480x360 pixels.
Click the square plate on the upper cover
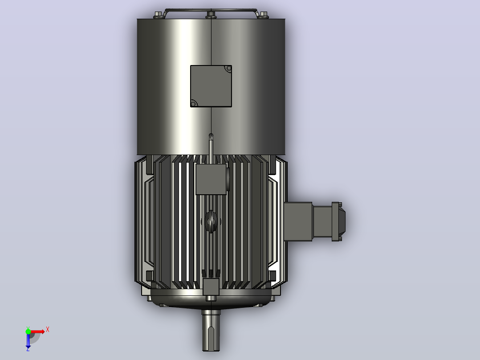pyautogui.click(x=211, y=86)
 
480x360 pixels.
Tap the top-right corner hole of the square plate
pyautogui.click(x=228, y=68)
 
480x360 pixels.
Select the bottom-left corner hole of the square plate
pyautogui.click(x=193, y=104)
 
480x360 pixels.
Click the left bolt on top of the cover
pyautogui.click(x=158, y=14)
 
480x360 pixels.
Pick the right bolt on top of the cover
pyautogui.click(x=263, y=15)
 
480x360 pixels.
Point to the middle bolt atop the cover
pyautogui.click(x=211, y=14)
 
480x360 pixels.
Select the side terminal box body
pyautogui.click(x=298, y=221)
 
